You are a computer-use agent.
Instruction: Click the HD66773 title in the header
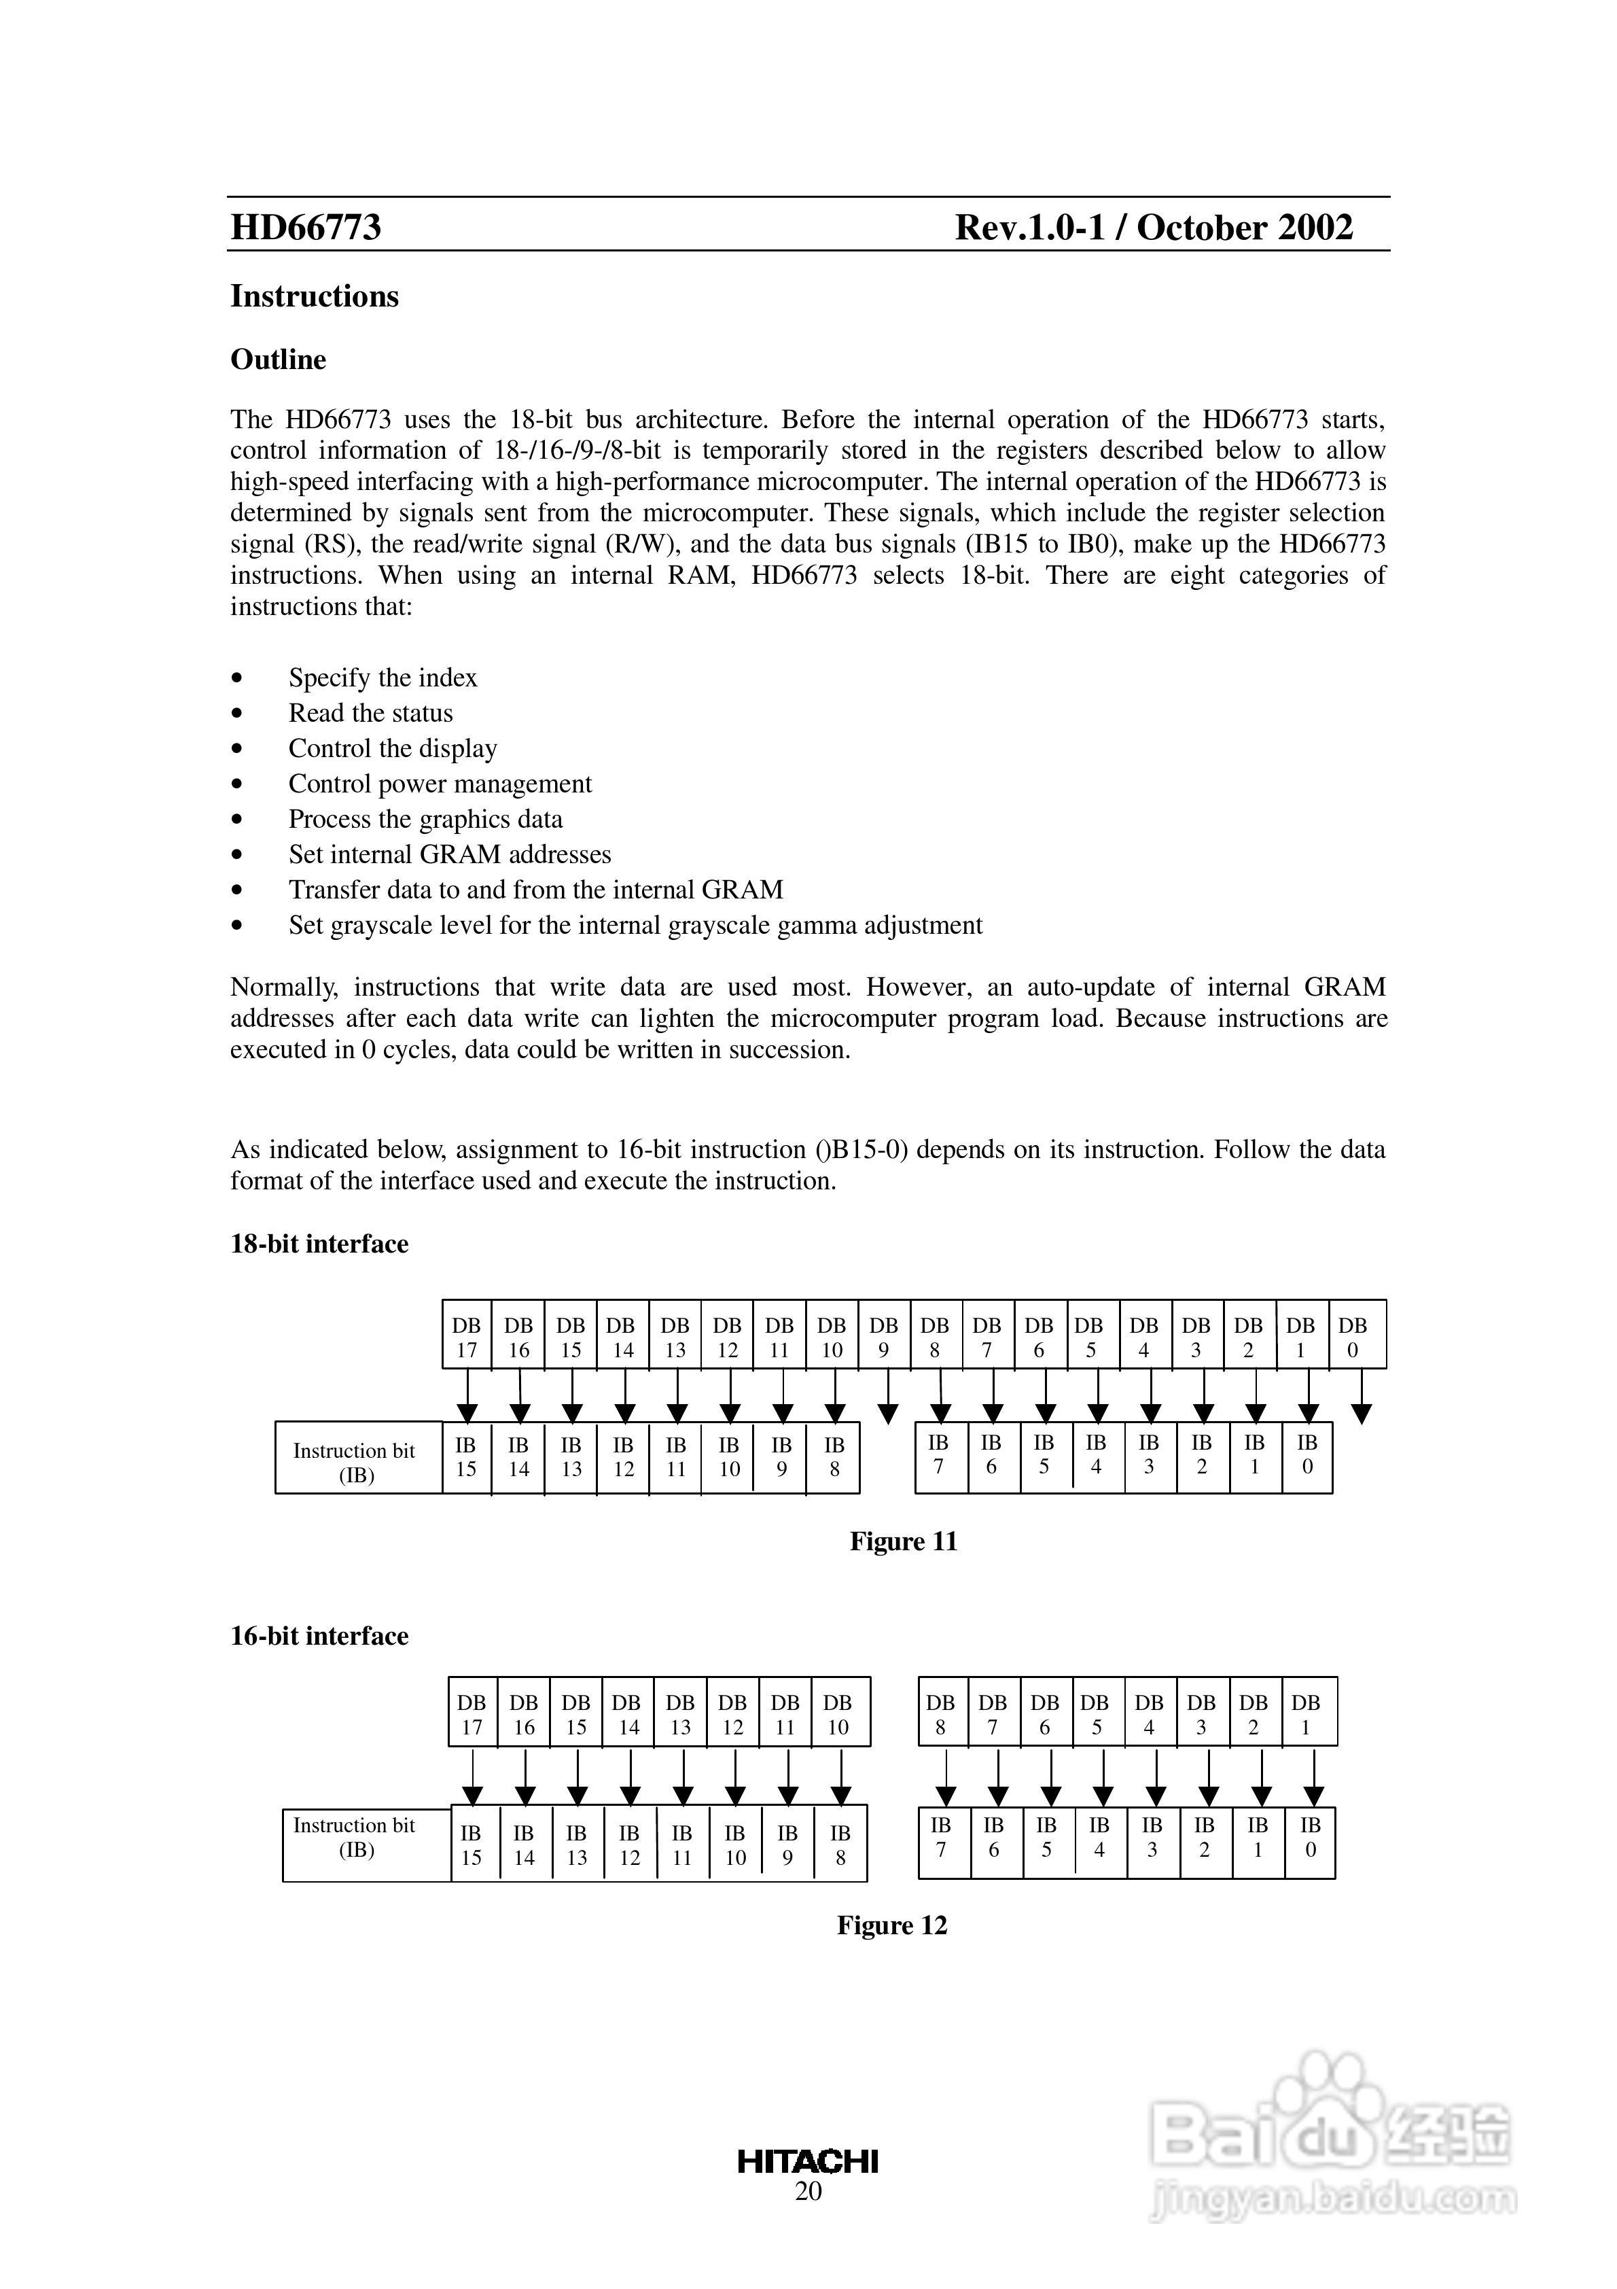(306, 227)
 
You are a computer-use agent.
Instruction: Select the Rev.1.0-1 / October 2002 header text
(1154, 227)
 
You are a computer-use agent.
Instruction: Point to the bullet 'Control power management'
(440, 784)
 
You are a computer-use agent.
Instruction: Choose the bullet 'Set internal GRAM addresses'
(450, 854)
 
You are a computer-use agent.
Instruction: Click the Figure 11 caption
(903, 1541)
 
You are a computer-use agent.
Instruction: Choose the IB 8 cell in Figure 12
(840, 1845)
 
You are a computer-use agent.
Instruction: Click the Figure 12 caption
(891, 1925)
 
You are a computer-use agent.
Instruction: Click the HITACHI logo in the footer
(808, 2161)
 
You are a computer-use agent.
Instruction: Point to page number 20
(808, 2190)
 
